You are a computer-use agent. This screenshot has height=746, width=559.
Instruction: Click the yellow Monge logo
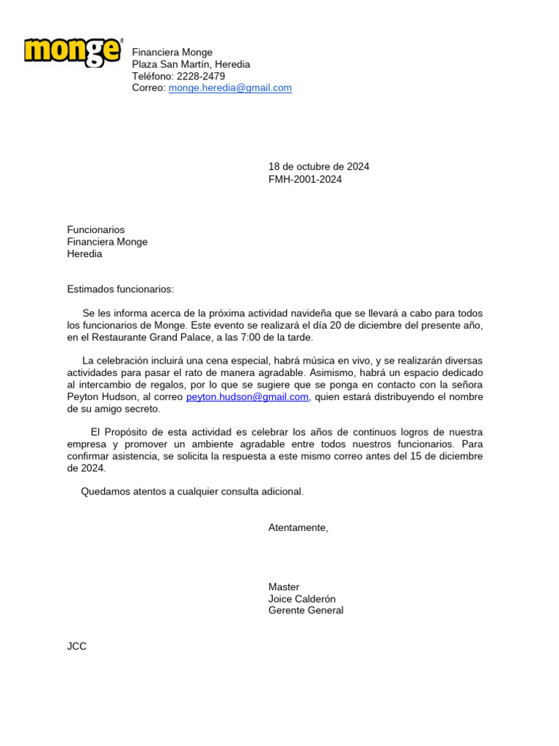(x=73, y=52)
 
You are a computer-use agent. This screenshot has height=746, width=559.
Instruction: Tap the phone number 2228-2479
(x=201, y=76)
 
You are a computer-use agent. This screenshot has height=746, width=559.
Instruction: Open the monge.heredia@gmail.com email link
(x=230, y=88)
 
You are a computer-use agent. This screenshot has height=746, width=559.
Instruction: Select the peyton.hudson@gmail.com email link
(x=247, y=397)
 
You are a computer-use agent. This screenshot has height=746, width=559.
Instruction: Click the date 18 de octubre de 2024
(x=319, y=167)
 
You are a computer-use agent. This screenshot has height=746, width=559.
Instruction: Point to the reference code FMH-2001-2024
(x=305, y=179)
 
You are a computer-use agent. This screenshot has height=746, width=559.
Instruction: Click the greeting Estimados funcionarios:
(x=121, y=289)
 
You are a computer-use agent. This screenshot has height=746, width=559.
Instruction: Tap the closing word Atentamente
(x=298, y=527)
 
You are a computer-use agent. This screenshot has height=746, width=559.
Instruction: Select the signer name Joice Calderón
(x=302, y=599)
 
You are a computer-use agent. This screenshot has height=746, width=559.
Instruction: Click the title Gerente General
(x=306, y=610)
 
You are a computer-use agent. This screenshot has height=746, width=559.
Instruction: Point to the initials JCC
(x=76, y=646)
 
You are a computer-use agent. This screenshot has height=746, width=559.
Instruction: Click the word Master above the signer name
(x=284, y=587)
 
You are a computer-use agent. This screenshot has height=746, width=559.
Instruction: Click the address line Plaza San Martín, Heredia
(x=191, y=64)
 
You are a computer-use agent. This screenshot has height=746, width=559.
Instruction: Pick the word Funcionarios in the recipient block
(x=96, y=230)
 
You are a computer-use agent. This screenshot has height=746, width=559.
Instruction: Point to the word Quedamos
(x=104, y=492)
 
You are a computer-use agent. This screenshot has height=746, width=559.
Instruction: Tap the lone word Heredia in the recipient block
(x=84, y=254)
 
